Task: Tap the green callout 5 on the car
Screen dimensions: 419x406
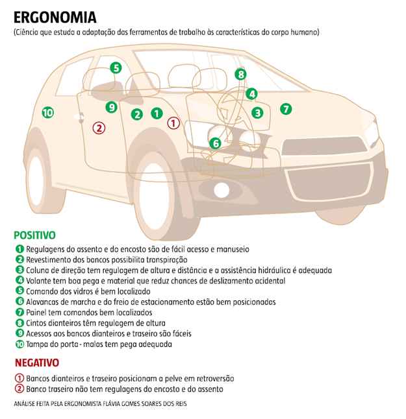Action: tap(115, 67)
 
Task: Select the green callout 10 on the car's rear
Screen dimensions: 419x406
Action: tap(47, 112)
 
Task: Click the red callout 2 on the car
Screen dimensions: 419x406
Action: tap(99, 127)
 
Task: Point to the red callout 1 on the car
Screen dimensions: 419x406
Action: tap(173, 121)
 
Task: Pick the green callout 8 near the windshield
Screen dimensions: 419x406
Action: tap(241, 75)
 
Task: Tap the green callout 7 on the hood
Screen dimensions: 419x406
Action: tap(286, 108)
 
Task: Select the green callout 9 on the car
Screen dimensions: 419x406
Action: tap(111, 107)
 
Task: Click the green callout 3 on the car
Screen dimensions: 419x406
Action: tap(257, 112)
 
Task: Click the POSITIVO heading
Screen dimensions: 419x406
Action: tap(34, 235)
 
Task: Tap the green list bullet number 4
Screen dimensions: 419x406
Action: tap(19, 281)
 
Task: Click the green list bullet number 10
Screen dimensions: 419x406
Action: tap(19, 344)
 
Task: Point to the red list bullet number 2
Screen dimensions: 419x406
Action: tap(19, 389)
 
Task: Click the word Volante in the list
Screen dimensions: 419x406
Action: tap(40, 281)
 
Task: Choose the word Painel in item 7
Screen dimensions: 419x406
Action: tap(38, 313)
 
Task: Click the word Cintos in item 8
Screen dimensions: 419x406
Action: tap(38, 323)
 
